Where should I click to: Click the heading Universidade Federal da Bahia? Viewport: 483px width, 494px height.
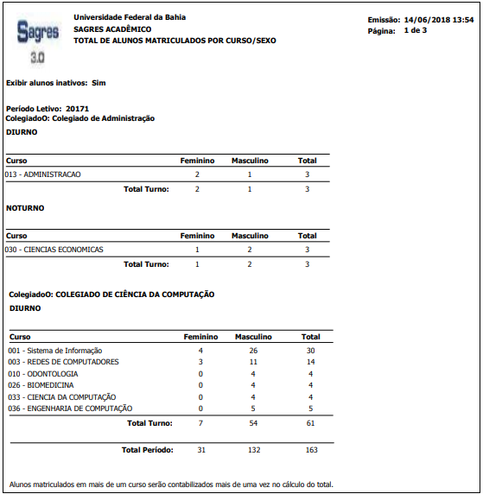pos(130,16)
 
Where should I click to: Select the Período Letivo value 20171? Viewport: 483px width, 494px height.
pos(76,108)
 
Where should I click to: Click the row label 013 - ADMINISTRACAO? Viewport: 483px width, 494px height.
pos(43,174)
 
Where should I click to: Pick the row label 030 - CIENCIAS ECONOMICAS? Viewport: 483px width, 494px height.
pos(54,250)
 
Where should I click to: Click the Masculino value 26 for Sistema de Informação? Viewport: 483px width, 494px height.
pos(253,351)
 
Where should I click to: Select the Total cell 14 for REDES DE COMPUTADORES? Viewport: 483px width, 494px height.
pos(309,362)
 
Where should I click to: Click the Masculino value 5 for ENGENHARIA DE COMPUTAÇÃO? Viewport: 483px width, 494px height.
pos(253,408)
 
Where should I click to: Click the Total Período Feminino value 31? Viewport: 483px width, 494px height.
pos(200,450)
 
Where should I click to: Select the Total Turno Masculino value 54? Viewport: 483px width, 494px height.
pos(253,423)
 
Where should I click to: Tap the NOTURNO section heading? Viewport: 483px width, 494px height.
pos(25,208)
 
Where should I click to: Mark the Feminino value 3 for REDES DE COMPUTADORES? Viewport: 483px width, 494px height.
pos(200,362)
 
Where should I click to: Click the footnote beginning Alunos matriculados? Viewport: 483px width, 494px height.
pos(169,484)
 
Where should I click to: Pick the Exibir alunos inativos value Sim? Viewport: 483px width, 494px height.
pos(99,83)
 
